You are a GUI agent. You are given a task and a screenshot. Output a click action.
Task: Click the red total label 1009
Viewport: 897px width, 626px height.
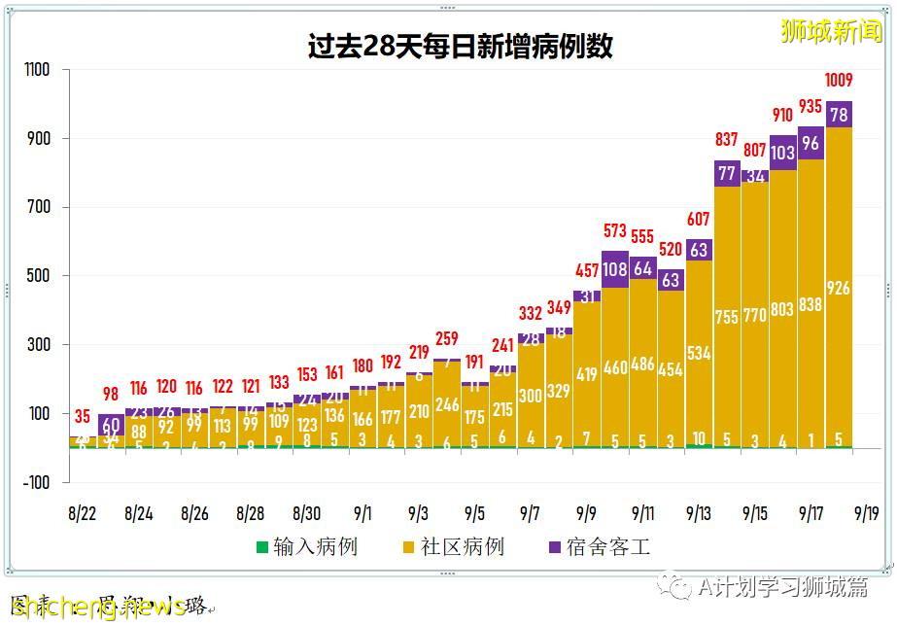coord(840,81)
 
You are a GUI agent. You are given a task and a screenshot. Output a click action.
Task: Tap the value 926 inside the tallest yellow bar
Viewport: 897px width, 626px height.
coord(840,288)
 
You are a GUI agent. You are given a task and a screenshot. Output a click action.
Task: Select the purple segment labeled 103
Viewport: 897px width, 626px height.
coord(783,153)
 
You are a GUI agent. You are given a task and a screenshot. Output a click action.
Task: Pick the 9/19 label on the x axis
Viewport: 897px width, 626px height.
coord(868,512)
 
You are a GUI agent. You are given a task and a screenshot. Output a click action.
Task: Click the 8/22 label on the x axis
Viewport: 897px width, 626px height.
coord(83,512)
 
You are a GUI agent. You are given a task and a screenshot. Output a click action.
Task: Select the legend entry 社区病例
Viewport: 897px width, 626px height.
coord(452,547)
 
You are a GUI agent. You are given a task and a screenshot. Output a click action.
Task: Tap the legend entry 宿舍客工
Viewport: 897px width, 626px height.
coord(598,547)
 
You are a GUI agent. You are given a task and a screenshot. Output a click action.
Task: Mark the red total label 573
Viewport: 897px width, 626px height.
coord(615,231)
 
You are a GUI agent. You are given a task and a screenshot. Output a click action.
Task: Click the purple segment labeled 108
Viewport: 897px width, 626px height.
coord(615,269)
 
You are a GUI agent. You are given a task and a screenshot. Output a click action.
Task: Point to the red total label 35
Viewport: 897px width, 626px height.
coord(83,418)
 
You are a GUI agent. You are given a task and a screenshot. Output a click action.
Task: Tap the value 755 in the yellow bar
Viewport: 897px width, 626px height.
coord(727,316)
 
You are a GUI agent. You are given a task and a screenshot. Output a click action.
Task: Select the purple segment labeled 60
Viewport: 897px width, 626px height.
coord(111,425)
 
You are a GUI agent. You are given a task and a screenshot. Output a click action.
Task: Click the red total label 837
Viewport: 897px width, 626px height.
coord(727,140)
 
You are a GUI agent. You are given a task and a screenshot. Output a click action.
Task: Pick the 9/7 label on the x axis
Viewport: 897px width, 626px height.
coord(531,512)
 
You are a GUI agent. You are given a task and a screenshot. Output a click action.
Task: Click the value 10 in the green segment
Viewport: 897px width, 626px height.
coord(699,438)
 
